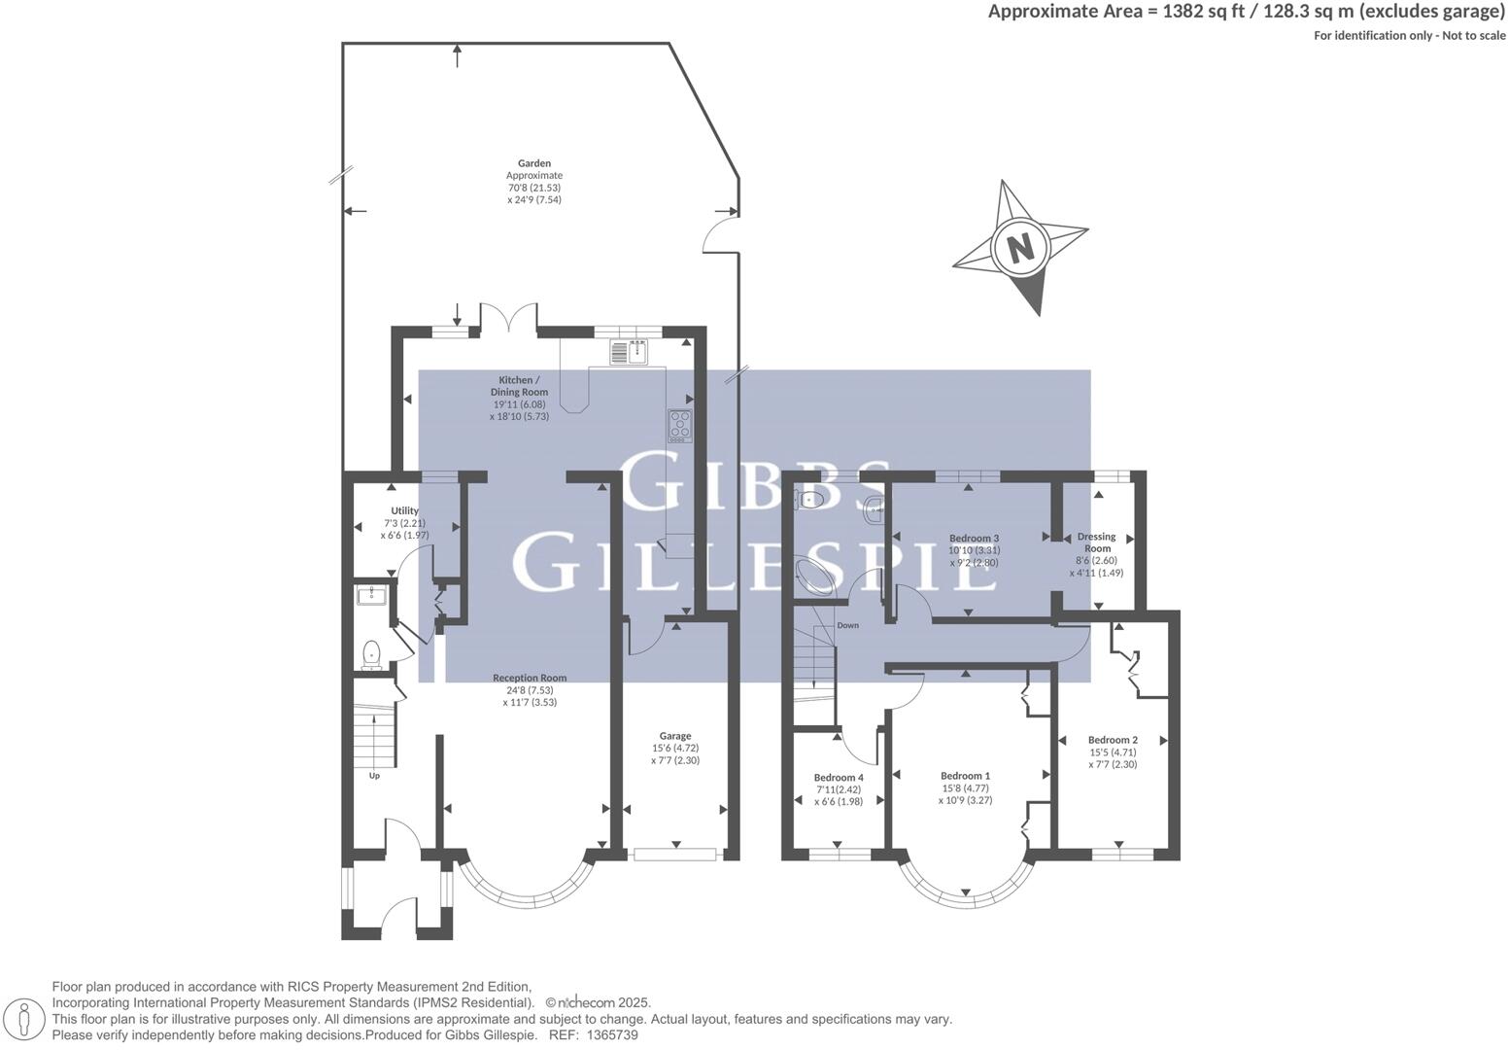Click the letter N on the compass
[x=1019, y=248]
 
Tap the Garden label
[x=533, y=164]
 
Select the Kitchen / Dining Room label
[x=518, y=386]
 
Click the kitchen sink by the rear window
[x=629, y=351]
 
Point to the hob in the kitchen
[x=680, y=426]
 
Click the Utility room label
[x=404, y=511]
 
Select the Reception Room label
[x=529, y=679]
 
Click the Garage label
[x=674, y=736]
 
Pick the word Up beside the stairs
[x=374, y=776]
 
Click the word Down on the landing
[x=847, y=625]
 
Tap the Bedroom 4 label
[x=838, y=778]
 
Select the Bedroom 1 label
[x=965, y=776]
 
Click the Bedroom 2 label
[x=1113, y=740]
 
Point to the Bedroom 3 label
[x=974, y=539]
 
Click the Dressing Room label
[x=1097, y=542]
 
